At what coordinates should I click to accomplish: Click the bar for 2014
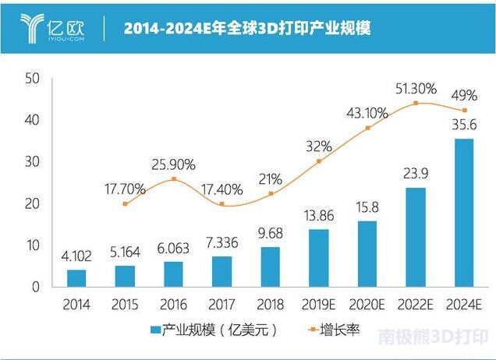point(76,278)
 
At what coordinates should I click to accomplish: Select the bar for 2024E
point(464,213)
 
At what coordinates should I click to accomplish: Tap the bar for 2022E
point(416,237)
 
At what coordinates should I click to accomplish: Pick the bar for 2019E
point(319,258)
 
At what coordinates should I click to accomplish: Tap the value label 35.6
point(465,124)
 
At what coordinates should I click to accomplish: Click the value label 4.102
point(76,255)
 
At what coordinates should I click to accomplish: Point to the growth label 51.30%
point(415,88)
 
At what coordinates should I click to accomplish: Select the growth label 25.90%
point(173,164)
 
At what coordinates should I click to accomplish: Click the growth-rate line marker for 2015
point(125,204)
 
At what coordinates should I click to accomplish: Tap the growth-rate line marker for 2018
point(271,193)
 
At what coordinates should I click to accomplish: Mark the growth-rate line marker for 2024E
point(465,111)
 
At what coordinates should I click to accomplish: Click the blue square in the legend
point(155,332)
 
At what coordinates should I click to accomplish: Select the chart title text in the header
point(246,29)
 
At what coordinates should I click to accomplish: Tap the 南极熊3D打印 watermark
point(434,338)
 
